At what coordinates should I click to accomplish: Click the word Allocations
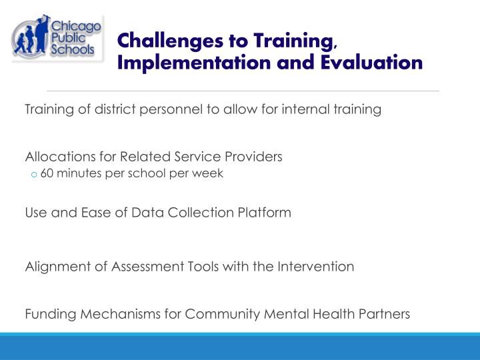pos(55,157)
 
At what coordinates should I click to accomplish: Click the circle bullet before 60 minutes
pos(33,175)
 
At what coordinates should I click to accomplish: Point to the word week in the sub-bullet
pos(209,173)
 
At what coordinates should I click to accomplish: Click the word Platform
pos(265,213)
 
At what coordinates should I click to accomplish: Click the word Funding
pos(47,313)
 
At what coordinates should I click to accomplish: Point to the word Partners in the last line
pos(386,313)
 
